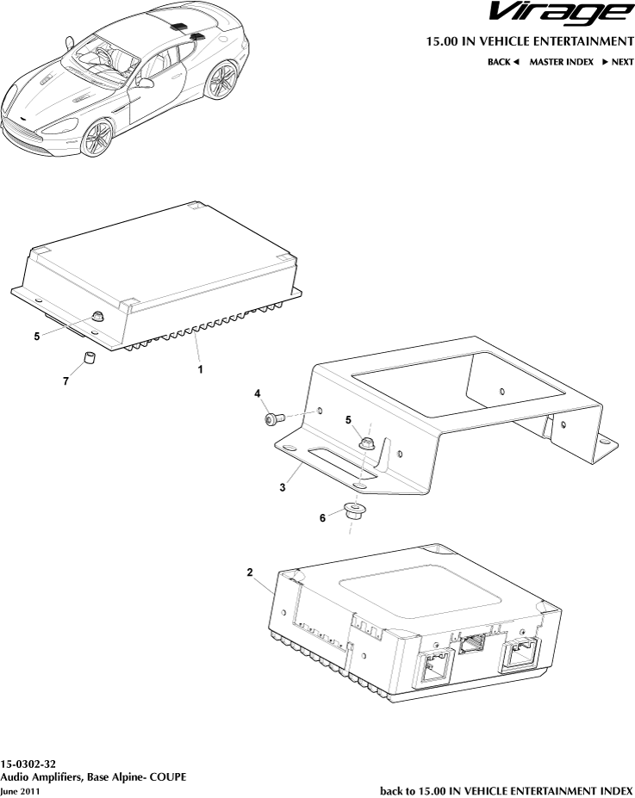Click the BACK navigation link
[x=504, y=62]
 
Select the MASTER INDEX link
[x=561, y=62]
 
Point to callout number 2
[x=250, y=572]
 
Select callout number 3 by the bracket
[x=282, y=488]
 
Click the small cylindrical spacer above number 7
[x=88, y=359]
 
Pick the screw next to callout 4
[x=275, y=419]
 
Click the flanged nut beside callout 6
[x=352, y=514]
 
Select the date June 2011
[x=20, y=790]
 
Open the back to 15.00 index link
[x=506, y=789]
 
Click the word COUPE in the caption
[x=168, y=776]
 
